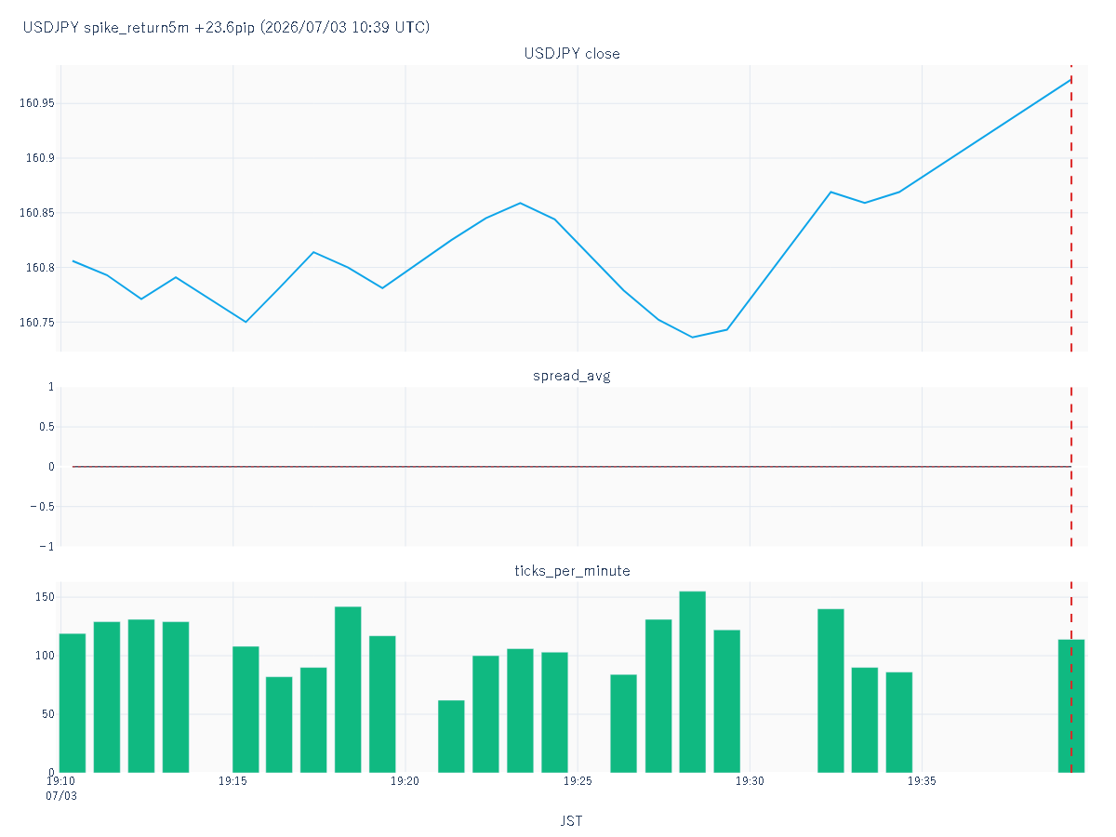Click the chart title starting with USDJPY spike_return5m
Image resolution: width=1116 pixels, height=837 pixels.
pyautogui.click(x=226, y=27)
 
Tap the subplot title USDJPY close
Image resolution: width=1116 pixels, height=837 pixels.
pyautogui.click(x=571, y=53)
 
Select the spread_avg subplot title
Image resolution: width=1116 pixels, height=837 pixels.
pyautogui.click(x=571, y=376)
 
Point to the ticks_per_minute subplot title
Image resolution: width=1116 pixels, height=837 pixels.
pyautogui.click(x=572, y=571)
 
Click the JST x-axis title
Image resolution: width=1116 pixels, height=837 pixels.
pyautogui.click(x=571, y=821)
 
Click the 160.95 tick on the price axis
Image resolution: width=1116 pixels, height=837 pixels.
pyautogui.click(x=36, y=103)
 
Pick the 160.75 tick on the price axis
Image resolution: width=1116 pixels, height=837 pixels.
pyautogui.click(x=36, y=322)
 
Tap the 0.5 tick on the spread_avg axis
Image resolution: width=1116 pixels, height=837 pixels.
pyautogui.click(x=46, y=427)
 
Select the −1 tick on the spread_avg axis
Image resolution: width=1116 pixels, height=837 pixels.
pyautogui.click(x=46, y=546)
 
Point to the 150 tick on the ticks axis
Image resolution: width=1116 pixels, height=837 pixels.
pyautogui.click(x=45, y=597)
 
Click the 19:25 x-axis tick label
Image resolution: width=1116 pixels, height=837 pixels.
pyautogui.click(x=578, y=781)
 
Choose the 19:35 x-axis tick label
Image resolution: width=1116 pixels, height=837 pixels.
pyautogui.click(x=922, y=781)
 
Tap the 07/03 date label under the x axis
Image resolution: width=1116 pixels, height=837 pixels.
pyautogui.click(x=61, y=796)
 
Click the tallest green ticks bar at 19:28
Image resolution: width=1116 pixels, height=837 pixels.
pyautogui.click(x=693, y=682)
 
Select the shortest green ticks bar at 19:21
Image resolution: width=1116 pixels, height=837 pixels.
pyautogui.click(x=451, y=737)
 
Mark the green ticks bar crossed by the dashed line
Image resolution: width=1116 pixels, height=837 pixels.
pyautogui.click(x=1071, y=706)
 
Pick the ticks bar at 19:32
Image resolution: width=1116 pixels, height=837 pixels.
pyautogui.click(x=830, y=691)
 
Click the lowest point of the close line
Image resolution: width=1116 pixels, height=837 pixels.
pyautogui.click(x=693, y=337)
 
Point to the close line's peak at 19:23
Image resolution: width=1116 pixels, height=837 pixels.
pyautogui.click(x=520, y=204)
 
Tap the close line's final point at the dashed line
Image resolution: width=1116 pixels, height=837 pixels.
pyautogui.click(x=1071, y=79)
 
